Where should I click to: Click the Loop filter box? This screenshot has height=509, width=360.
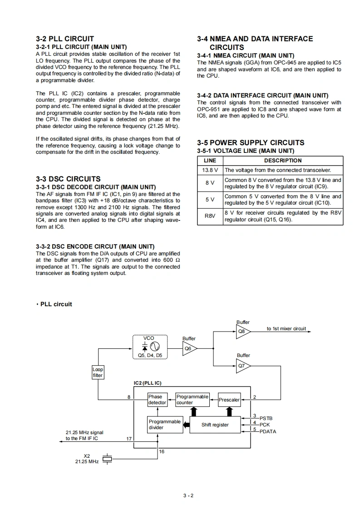[98, 372]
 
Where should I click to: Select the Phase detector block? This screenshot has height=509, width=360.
[157, 400]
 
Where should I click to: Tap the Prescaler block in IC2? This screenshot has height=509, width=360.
[229, 400]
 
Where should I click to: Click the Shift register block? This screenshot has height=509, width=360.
[215, 425]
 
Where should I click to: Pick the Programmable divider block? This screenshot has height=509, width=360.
[164, 425]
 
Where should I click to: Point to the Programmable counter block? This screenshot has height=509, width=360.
[192, 400]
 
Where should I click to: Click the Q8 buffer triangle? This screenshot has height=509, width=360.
[242, 332]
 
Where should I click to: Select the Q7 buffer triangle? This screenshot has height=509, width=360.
[242, 365]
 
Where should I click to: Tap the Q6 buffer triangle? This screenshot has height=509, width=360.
[188, 348]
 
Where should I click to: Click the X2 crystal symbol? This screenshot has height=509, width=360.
[107, 459]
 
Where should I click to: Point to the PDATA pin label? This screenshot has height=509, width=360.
[268, 431]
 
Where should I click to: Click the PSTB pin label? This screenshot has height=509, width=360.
[266, 418]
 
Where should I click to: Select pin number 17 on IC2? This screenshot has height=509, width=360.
[129, 439]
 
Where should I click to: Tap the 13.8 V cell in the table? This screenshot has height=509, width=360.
[210, 170]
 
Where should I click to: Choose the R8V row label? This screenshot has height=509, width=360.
[210, 216]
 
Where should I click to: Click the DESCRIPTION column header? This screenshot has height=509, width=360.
[283, 161]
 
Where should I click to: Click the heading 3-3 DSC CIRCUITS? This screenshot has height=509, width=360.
[68, 179]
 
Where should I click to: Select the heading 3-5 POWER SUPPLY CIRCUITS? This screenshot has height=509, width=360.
[251, 142]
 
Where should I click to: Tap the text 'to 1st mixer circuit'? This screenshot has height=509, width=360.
[286, 328]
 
